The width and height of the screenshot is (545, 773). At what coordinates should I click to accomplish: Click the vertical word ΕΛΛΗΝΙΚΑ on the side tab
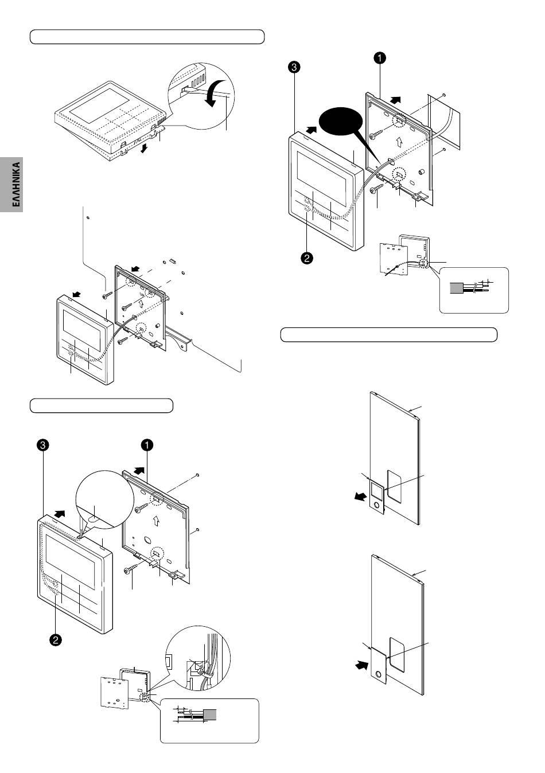coord(16,184)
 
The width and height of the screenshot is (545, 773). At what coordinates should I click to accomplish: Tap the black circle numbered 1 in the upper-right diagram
coord(379,58)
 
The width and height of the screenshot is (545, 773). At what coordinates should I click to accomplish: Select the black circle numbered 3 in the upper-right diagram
coord(294,67)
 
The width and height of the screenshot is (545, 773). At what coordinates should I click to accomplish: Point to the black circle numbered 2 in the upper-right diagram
coord(306,258)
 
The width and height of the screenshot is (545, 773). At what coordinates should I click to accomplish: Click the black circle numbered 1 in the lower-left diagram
coord(147,445)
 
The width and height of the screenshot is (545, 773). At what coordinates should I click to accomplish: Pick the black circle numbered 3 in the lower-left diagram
coord(42,445)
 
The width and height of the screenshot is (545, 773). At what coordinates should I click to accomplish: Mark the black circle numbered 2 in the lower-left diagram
coord(55,640)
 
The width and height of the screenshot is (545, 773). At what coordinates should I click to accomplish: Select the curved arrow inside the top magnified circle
coord(213,92)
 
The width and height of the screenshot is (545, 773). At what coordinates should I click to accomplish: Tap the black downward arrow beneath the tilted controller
coord(144,149)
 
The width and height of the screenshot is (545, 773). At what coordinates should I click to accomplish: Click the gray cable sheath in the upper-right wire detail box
coord(457,288)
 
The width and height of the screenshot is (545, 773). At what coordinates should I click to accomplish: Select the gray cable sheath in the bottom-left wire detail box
coord(210,714)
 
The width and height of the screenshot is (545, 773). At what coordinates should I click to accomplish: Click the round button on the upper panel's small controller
coord(376,506)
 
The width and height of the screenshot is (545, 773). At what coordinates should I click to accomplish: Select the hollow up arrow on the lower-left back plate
coord(156,521)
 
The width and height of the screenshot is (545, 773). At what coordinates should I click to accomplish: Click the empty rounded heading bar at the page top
coord(147,37)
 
